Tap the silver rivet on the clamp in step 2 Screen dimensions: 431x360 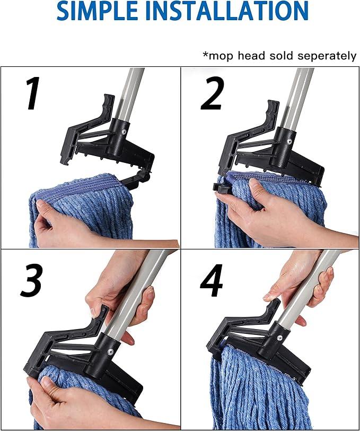(x=289, y=142)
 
